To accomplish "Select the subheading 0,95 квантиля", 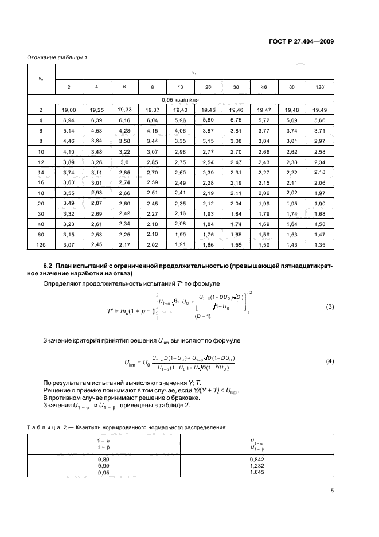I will coord(181,99).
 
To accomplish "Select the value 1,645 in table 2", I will coord(257,474).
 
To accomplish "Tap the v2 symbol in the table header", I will coord(41,79).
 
